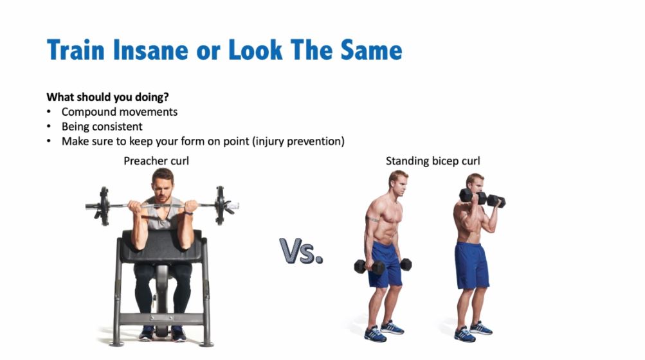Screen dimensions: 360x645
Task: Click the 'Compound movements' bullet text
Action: tap(120, 112)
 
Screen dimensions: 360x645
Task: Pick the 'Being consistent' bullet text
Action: tap(102, 127)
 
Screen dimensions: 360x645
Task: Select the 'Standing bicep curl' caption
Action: tap(433, 161)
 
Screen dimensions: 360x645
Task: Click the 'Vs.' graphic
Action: tap(301, 251)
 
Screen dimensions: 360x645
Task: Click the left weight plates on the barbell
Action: tap(103, 205)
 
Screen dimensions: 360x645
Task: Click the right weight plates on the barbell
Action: tap(221, 205)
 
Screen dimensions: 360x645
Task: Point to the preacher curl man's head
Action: tap(162, 183)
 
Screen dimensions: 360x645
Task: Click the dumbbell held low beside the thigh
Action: tap(382, 265)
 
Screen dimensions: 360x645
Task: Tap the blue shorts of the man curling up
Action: tap(471, 265)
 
